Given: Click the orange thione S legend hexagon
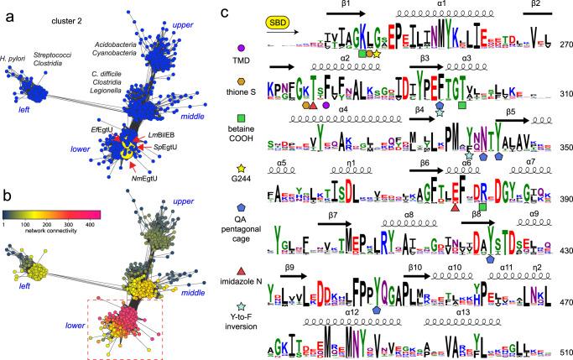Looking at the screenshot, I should [242, 91].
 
